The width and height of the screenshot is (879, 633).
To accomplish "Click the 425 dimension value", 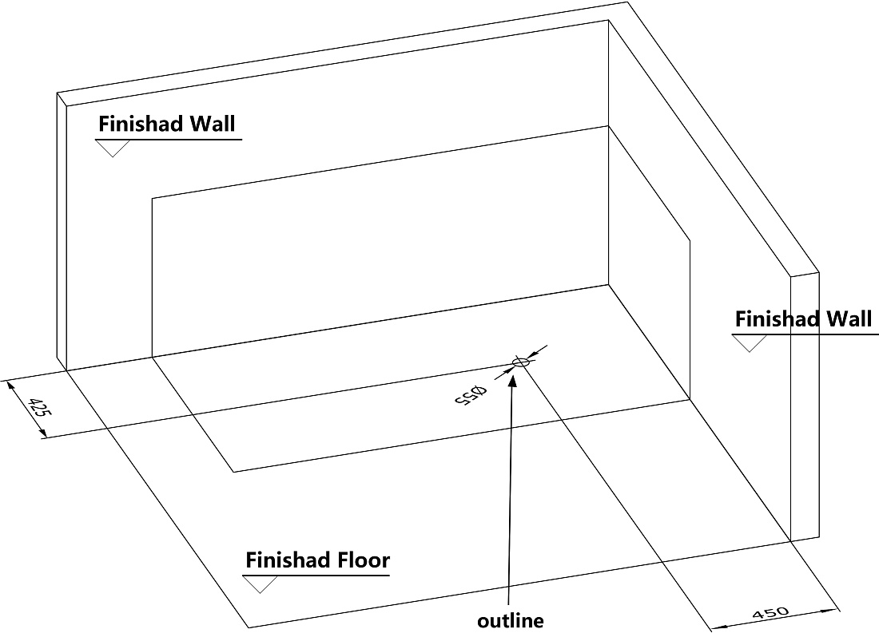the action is (40, 407).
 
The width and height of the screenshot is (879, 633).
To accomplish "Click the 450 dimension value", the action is (771, 613).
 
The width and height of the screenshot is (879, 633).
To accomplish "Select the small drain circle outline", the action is (521, 363).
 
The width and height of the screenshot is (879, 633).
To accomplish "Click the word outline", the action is (510, 621).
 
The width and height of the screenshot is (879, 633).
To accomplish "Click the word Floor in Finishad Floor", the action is (364, 560).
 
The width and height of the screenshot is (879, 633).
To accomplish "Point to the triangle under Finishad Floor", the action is (261, 584).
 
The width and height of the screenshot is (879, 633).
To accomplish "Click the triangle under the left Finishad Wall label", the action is (113, 148).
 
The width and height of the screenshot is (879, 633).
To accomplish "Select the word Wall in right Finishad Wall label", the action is (850, 318).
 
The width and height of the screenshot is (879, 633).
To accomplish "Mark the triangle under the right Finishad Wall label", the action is (750, 343).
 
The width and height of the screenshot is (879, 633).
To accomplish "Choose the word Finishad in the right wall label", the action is (778, 318).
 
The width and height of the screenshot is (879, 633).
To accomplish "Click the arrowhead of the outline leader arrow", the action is (511, 378).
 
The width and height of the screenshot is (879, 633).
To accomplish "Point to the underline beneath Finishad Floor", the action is (316, 576).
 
